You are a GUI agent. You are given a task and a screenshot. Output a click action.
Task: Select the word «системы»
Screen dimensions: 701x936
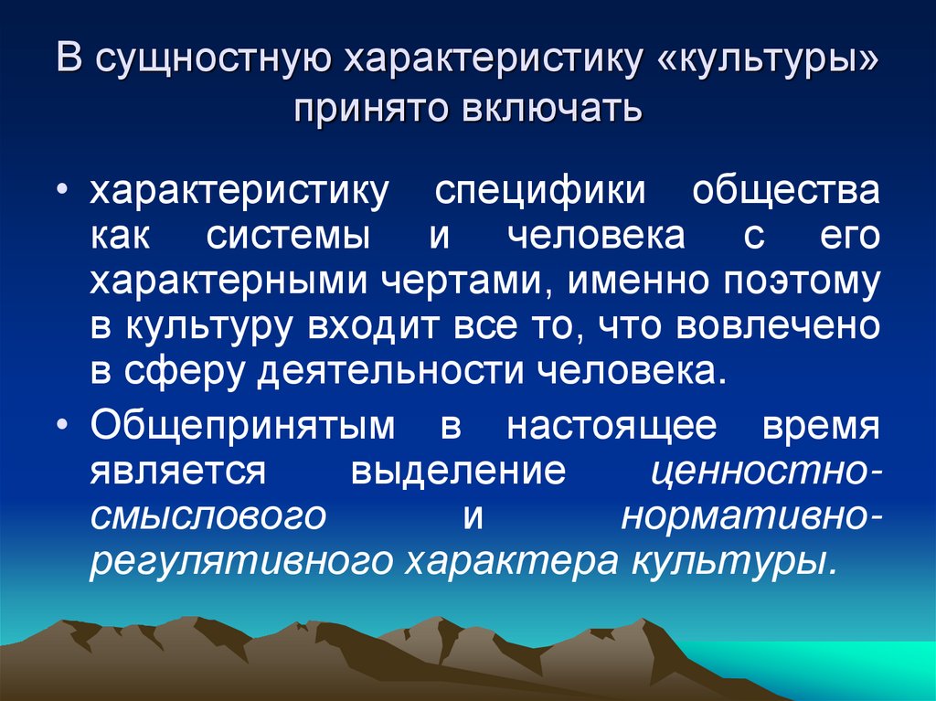point(289,237)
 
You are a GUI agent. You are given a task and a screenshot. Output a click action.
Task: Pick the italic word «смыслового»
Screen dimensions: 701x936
point(209,515)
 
